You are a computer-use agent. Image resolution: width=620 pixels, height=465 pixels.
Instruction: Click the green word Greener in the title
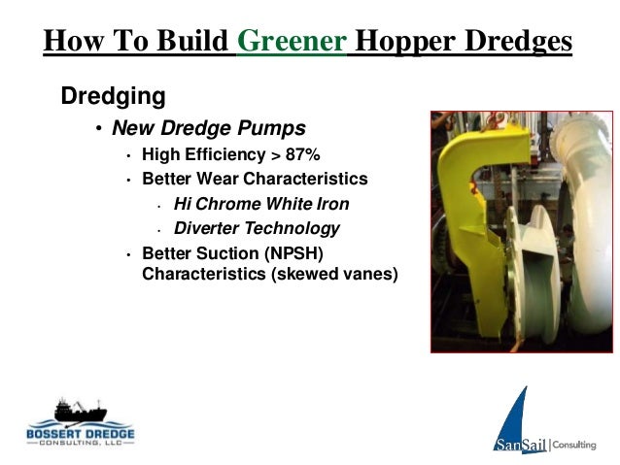coord(292,41)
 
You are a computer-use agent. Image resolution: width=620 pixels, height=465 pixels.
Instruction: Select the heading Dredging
coord(113,97)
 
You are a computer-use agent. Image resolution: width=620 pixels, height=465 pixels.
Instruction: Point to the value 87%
coord(302,154)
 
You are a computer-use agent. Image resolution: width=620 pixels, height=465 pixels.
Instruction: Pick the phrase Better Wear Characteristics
coord(255,179)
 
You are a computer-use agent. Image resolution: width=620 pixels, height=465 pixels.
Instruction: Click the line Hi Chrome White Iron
coord(260,204)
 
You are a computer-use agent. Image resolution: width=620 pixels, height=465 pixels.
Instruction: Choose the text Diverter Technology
coord(257,229)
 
